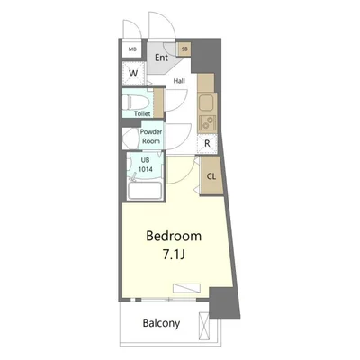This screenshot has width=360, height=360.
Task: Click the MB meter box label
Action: [132, 49]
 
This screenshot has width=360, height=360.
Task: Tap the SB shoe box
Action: [184, 49]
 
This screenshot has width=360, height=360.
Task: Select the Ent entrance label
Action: [161, 58]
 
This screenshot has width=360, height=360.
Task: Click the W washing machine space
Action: [133, 73]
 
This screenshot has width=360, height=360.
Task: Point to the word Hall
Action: [179, 81]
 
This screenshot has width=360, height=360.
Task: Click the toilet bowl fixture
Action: [137, 103]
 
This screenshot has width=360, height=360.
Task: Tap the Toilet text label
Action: [142, 113]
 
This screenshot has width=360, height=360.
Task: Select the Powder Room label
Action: [151, 137]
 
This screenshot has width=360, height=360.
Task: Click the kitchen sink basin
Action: [206, 103]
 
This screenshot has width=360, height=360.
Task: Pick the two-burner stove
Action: [207, 123]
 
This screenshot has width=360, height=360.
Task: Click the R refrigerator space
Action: [207, 144]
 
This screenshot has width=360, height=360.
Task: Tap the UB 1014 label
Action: [145, 165]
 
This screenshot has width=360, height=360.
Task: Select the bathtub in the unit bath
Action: [145, 191]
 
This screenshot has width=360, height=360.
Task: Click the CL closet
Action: [211, 176]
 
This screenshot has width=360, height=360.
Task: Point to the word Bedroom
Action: [174, 236]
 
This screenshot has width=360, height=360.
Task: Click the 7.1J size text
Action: [174, 255]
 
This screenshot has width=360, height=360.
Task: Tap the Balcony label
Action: [161, 323]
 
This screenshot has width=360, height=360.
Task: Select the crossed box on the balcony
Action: [203, 326]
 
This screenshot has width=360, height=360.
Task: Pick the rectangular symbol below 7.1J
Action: [186, 288]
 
